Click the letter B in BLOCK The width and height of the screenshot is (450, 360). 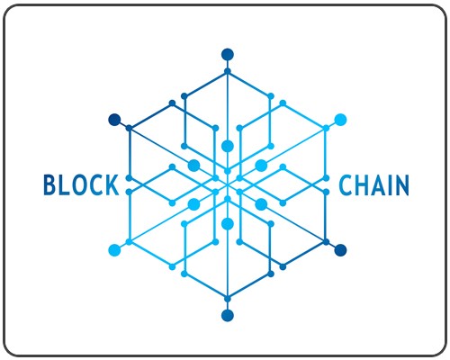pos(50,184)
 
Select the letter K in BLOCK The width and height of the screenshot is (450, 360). pos(112,184)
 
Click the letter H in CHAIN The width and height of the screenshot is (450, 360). pos(363,185)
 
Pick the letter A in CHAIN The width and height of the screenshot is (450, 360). pos(379,185)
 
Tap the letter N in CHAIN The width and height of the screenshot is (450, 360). pos(401,185)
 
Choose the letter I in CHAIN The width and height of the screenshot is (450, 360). pos(391,185)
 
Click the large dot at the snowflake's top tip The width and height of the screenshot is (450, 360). pos(228,55)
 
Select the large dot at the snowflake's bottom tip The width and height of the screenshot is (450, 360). pos(228,315)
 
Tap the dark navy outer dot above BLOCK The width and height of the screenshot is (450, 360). pos(114,120)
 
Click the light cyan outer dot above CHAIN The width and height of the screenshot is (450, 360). pos(340,120)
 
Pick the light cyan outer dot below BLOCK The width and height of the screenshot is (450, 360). pos(114,250)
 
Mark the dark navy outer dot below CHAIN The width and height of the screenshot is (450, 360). pos(340,250)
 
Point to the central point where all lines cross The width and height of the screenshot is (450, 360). pos(228,185)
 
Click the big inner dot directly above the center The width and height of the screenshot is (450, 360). pos(228,146)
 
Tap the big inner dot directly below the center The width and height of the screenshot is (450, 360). pos(228,224)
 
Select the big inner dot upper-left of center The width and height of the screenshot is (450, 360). pos(193,166)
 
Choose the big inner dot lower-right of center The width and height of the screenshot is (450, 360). pos(261,204)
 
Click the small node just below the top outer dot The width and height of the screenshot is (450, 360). pos(228,71)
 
